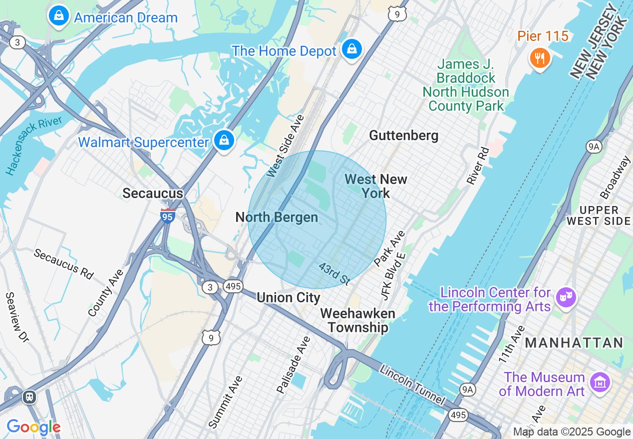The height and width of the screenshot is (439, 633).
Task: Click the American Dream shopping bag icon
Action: tap(59, 16)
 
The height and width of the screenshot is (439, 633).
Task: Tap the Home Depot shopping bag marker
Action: tap(352, 49)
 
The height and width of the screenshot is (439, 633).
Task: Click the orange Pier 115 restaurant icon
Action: tap(540, 58)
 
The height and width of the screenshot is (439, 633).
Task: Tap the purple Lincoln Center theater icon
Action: tap(566, 298)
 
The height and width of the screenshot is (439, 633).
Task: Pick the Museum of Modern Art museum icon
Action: tap(600, 383)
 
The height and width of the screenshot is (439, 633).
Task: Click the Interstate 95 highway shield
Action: tap(168, 216)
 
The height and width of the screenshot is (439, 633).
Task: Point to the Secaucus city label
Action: tap(153, 194)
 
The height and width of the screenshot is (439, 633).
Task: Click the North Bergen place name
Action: tap(277, 218)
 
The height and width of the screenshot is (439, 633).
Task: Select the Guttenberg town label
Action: tap(403, 136)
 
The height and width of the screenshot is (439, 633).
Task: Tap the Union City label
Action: tap(288, 298)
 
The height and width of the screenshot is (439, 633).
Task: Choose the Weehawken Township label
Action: tap(357, 320)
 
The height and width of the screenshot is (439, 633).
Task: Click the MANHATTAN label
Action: tap(574, 343)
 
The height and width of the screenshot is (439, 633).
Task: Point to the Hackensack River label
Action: tap(34, 146)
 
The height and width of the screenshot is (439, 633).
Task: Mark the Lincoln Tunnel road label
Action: tap(411, 385)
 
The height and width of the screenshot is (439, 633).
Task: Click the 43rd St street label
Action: tap(334, 274)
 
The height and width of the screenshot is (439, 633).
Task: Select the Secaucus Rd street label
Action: tap(63, 263)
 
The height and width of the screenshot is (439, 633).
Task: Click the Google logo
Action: tap(33, 428)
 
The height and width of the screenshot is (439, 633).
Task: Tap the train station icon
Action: tap(29, 397)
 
